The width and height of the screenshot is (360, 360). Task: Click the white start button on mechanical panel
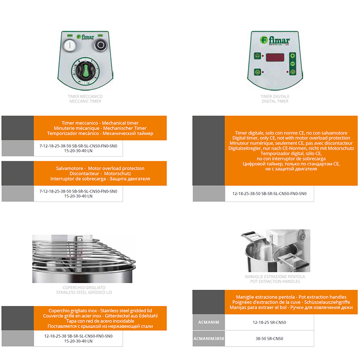(70, 45)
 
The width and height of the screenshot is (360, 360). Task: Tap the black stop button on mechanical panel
(100, 45)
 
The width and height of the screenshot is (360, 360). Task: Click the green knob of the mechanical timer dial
(85, 71)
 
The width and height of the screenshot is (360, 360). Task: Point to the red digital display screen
(275, 58)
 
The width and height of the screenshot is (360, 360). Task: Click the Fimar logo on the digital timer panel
(275, 40)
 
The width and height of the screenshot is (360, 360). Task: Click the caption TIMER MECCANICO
(85, 96)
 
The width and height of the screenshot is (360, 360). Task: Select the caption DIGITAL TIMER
(275, 101)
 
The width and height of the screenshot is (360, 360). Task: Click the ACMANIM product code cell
(209, 322)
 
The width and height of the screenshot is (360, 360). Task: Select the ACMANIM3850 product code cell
(209, 339)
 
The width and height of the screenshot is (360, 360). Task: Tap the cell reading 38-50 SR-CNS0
(269, 339)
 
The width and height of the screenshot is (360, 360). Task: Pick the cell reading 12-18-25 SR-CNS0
(269, 322)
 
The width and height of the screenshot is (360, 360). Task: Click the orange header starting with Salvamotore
(100, 173)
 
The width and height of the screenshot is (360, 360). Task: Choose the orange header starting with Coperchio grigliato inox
(100, 318)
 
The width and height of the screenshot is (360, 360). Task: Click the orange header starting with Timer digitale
(291, 151)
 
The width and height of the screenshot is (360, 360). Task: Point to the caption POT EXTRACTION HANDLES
(275, 282)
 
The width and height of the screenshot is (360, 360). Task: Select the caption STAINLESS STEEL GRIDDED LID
(84, 292)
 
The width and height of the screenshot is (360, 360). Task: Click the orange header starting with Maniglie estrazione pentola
(291, 302)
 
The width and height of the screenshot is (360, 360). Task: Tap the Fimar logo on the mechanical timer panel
(85, 37)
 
